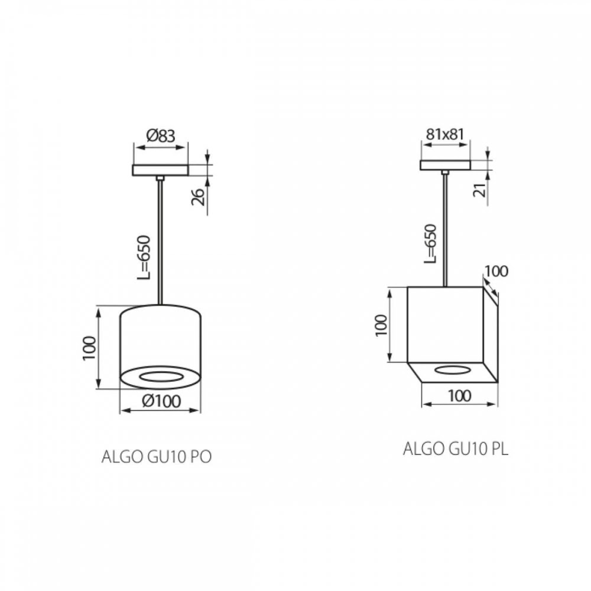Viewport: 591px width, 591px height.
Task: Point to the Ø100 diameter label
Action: point(161,400)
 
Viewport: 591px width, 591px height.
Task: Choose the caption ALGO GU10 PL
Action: point(455,449)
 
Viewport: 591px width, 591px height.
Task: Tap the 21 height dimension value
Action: point(479,190)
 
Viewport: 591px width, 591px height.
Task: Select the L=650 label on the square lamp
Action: point(430,243)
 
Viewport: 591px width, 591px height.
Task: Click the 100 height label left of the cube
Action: point(381,325)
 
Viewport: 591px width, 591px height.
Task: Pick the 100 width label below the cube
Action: point(460,396)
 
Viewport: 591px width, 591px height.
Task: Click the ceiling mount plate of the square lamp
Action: point(445,165)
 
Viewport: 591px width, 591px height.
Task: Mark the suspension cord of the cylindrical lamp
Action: point(160,242)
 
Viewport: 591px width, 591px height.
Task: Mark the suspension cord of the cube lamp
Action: point(444,230)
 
